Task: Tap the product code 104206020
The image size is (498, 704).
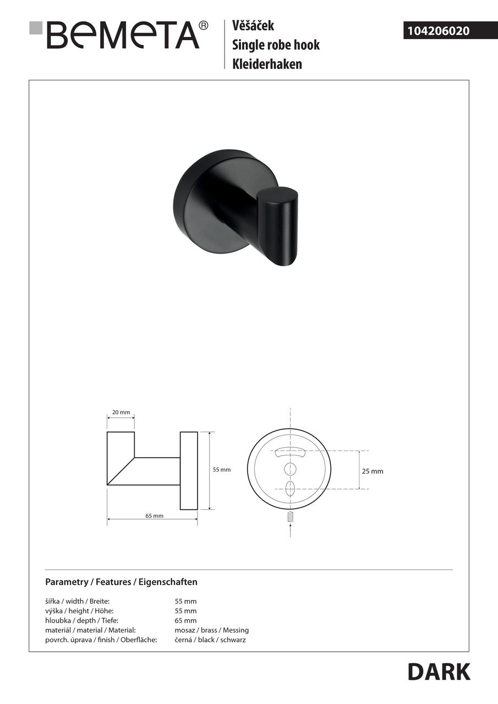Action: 438,31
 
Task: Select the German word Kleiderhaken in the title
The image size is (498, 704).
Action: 267,64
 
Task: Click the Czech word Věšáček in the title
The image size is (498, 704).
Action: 253,25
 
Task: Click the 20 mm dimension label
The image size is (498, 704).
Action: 121,412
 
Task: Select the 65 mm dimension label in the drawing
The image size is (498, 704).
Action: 155,515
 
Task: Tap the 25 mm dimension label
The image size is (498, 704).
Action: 373,471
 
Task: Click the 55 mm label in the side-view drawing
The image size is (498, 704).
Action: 222,470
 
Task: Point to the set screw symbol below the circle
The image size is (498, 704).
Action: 290,517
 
